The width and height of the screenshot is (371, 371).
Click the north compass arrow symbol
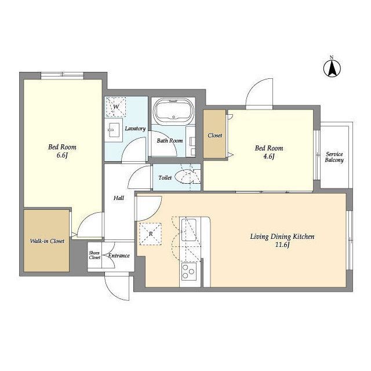pos(332,68)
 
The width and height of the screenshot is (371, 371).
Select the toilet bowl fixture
pos(184,177)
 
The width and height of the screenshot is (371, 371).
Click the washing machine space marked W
pos(115,107)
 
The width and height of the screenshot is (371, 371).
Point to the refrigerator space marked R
pos(151,234)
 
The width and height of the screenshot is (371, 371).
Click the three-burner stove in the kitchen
pos(189,271)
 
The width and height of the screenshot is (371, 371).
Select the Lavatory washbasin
pos(114,130)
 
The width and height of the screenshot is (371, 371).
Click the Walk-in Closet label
pos(47,241)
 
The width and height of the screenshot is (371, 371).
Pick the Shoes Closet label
pos(94,255)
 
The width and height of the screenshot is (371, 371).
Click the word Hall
pos(119,198)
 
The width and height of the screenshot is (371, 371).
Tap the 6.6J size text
pos(62,155)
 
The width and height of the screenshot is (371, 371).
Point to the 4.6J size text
pos(269,157)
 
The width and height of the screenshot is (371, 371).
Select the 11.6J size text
pos(282,245)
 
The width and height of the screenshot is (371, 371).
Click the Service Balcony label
pos(334,157)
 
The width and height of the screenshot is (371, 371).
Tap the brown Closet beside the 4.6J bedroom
pos(214,134)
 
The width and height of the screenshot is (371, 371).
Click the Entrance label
pos(119,256)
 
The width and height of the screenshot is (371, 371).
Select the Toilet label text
pos(165,177)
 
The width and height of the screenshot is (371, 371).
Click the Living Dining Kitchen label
pos(282,237)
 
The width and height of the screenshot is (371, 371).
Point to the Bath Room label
pos(170,140)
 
